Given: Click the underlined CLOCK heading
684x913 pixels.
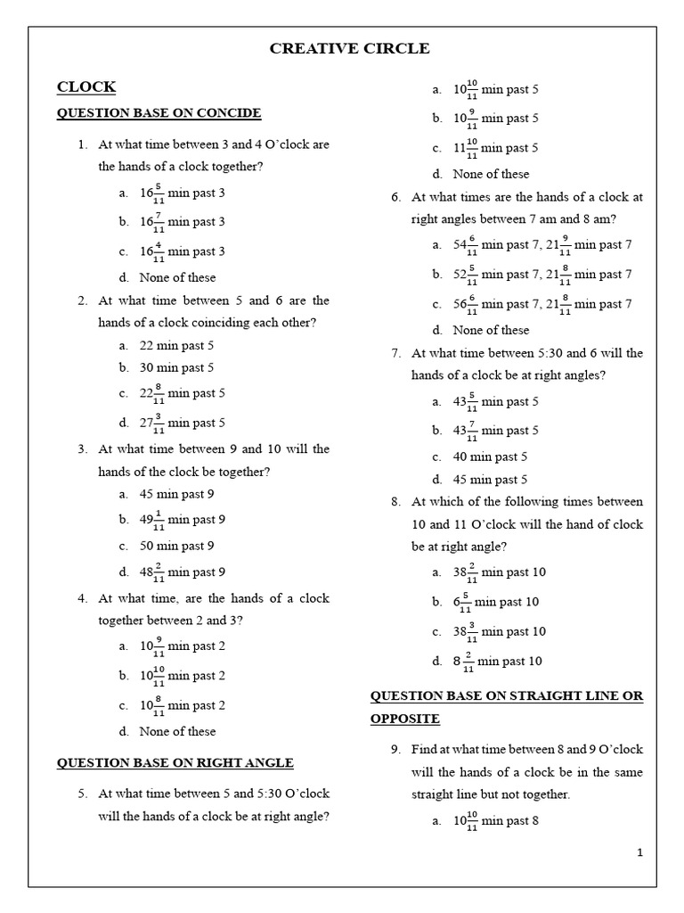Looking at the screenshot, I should point(86,86).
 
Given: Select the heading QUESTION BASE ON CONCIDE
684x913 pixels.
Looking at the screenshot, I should point(159,113).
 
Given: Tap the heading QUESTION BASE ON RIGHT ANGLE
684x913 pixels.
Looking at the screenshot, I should point(175,762).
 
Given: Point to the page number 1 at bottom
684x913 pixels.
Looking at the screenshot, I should point(639,852).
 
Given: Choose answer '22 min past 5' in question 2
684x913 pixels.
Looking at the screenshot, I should point(176,345).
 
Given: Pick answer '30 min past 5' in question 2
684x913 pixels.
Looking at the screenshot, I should point(176,367).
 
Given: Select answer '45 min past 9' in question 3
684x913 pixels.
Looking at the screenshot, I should point(176,494).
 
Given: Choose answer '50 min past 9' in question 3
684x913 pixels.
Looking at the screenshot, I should point(176,546).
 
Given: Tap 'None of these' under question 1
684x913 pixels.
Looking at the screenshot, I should point(177,277).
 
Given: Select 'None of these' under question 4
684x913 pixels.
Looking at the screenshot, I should point(177,731).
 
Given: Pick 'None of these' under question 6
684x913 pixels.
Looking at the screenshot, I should point(491,330).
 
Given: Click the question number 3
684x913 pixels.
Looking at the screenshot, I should point(82,449).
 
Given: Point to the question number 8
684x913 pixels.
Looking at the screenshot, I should point(395,502).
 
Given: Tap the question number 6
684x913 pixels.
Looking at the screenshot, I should point(395,197).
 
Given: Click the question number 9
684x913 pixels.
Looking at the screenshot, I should point(395,750).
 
